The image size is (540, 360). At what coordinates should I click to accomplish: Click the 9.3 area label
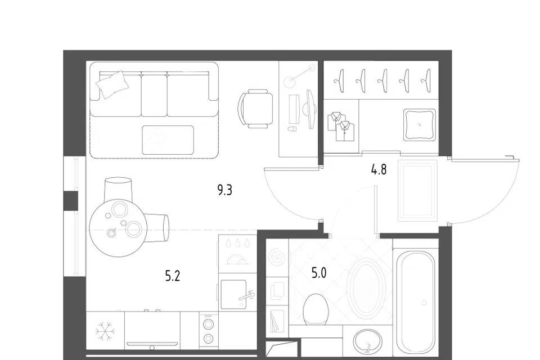click(x=225, y=190)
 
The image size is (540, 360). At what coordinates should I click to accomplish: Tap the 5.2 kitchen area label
click(x=173, y=276)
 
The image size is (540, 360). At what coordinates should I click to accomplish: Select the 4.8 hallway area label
click(x=379, y=169)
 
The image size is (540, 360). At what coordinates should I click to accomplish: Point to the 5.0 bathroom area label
click(x=319, y=273)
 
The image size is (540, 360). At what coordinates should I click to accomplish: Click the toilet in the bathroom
click(x=315, y=309)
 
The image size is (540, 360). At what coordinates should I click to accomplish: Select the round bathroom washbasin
click(x=367, y=343)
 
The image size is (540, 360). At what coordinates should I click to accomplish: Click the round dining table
click(x=118, y=228)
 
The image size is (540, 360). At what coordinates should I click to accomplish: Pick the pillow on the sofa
click(x=112, y=85)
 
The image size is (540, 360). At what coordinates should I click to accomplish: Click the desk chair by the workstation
click(x=255, y=109)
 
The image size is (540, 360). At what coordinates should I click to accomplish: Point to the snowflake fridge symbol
click(x=105, y=332)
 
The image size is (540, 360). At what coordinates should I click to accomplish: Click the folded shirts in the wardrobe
click(x=341, y=126)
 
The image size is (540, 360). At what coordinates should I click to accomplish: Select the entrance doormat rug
click(x=417, y=190)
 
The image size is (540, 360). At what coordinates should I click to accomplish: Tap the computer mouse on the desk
click(x=291, y=129)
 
